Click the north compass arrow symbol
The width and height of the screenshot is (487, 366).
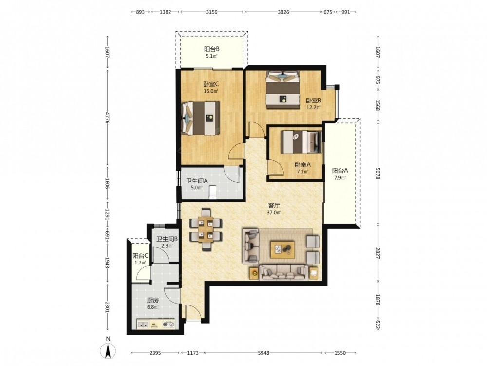pyautogui.click(x=108, y=351)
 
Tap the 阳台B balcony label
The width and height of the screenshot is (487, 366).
pyautogui.click(x=212, y=49)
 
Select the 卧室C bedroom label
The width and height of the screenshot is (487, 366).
pyautogui.click(x=211, y=84)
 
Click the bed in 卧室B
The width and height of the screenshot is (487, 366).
pyautogui.click(x=283, y=90)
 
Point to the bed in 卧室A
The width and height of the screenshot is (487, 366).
pyautogui.click(x=301, y=142)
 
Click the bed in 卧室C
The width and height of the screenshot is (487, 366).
pyautogui.click(x=201, y=118)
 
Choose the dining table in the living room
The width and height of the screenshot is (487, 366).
pyautogui.click(x=206, y=229)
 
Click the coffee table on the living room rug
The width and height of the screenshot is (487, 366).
pyautogui.click(x=282, y=249)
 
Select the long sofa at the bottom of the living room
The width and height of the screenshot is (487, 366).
pyautogui.click(x=283, y=273)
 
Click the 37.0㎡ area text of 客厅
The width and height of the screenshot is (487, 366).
pyautogui.click(x=274, y=213)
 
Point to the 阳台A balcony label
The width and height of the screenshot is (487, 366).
pyautogui.click(x=340, y=170)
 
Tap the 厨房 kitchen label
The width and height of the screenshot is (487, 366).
pyautogui.click(x=153, y=300)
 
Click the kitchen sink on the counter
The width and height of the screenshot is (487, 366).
pyautogui.click(x=143, y=325)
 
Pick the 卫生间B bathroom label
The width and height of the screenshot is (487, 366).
pyautogui.click(x=167, y=239)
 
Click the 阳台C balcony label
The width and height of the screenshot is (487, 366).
pyautogui.click(x=140, y=256)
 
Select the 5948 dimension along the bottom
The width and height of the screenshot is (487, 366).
pyautogui.click(x=263, y=353)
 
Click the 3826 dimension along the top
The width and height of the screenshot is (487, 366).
pyautogui.click(x=283, y=12)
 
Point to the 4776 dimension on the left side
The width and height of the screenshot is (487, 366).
pyautogui.click(x=107, y=118)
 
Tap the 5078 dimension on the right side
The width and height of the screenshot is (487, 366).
pyautogui.click(x=378, y=173)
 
